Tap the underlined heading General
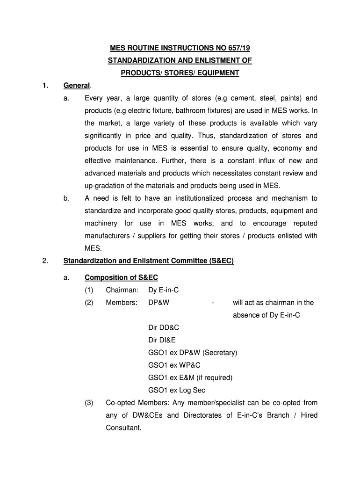point(77,86)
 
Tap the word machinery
point(101,224)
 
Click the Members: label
point(122,303)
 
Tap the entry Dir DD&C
point(164,328)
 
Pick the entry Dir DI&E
point(162,340)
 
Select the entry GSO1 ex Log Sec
point(177,390)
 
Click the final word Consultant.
point(123,428)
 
